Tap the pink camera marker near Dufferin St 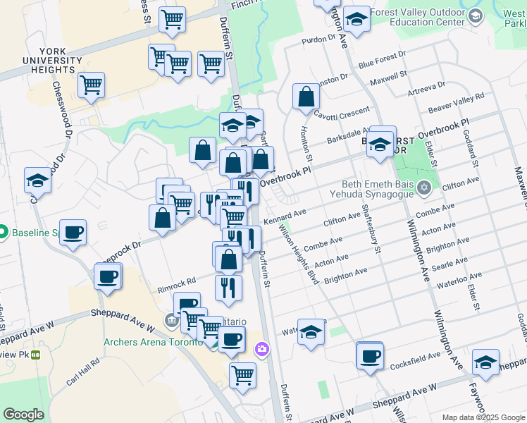262,349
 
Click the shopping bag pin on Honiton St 306,97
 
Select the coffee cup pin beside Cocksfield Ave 369,355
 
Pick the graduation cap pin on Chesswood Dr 37,180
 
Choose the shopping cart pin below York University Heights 91,85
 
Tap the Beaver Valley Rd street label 457,103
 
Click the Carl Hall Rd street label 83,372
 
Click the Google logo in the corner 23,415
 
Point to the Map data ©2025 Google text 483,417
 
